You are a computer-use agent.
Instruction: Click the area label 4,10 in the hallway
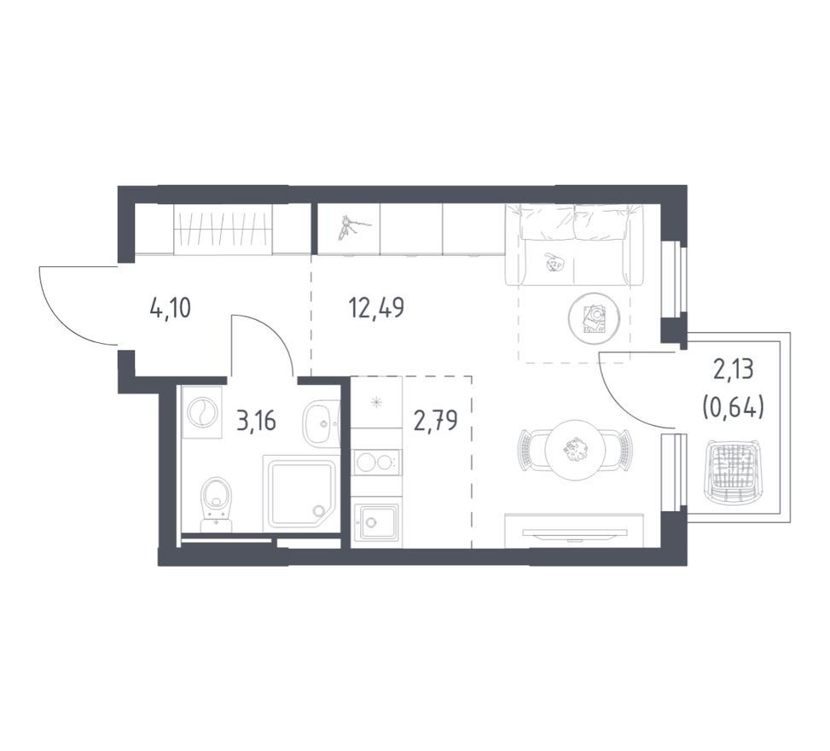point(171,308)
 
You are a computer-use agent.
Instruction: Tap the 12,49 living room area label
point(376,308)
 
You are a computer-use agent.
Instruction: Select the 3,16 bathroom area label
point(256,422)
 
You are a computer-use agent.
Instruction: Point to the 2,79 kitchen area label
point(436,421)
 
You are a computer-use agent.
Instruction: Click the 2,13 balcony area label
point(733,370)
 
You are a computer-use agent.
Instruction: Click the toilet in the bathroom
point(217,504)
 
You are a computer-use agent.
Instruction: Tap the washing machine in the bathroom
point(202,412)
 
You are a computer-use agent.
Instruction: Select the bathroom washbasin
point(321,422)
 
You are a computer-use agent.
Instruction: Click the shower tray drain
point(318,510)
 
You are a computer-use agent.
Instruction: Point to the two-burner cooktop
point(377,463)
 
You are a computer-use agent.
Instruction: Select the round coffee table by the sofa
point(594,318)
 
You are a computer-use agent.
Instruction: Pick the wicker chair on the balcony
point(733,472)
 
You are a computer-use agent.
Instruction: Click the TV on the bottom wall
point(575,533)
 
